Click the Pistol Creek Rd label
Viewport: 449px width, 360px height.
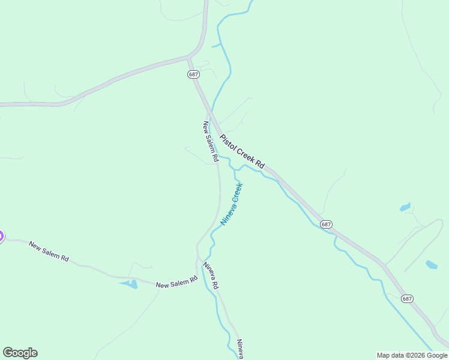pos(242,151)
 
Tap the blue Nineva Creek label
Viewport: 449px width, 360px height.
pos(232,203)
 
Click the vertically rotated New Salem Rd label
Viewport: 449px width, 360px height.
pos(209,142)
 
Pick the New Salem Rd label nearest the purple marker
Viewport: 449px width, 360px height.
pos(49,252)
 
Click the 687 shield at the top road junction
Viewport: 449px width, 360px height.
pos(193,74)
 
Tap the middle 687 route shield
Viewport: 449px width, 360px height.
pos(326,224)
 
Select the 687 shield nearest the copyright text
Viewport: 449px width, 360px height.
pos(408,298)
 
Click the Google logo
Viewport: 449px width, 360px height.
pos(20,353)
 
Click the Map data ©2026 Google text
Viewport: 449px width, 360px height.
pos(412,355)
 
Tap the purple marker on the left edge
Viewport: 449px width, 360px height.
pos(1,236)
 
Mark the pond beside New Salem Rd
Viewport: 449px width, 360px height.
pos(129,284)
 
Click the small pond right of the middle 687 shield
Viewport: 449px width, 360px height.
pos(405,208)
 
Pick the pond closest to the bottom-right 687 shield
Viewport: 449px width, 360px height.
pos(432,265)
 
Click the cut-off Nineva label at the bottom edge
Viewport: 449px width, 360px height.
pos(240,349)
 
